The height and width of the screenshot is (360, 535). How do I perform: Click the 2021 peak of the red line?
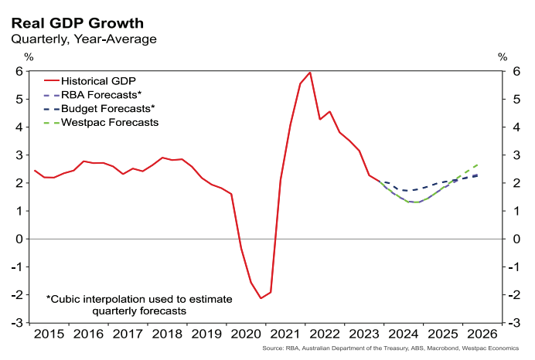coord(310,73)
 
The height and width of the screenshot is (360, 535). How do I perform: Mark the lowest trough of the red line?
coord(261,298)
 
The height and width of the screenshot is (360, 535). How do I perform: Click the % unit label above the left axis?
coord(29,56)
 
